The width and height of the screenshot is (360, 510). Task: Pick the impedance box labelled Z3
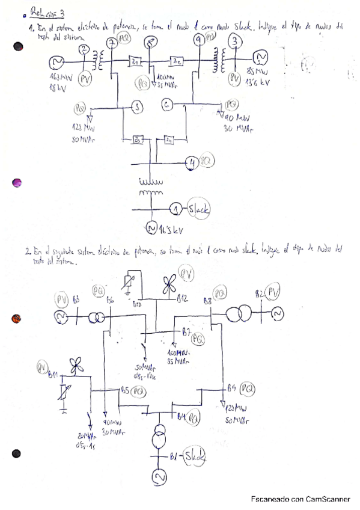pos(138,140)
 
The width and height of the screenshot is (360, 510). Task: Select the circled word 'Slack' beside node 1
pos(198,209)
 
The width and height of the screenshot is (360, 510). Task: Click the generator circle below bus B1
pos(159,478)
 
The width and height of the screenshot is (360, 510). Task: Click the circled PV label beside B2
pos(273,293)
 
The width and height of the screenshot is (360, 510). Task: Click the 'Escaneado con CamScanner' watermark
pos(301,499)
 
